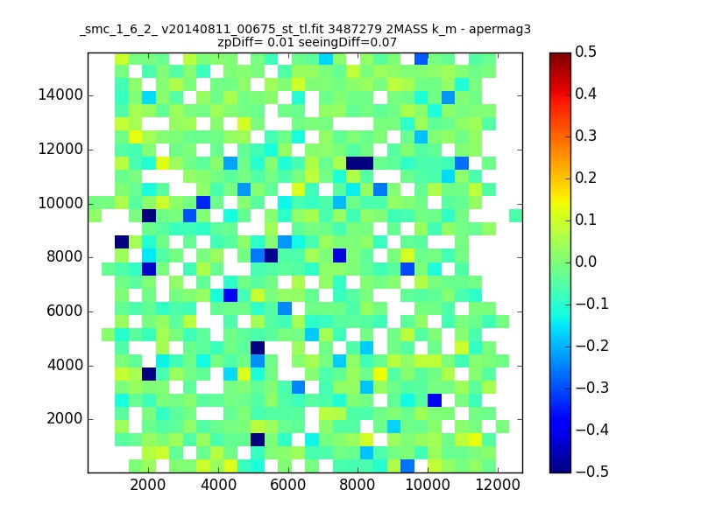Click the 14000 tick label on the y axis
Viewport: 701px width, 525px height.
(60, 95)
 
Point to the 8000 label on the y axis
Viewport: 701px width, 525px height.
(64, 256)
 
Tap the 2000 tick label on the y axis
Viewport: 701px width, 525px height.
(64, 419)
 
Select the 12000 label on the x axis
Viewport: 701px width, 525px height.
(498, 485)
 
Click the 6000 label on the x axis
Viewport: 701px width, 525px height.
(288, 485)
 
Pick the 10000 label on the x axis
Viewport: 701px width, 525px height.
(428, 485)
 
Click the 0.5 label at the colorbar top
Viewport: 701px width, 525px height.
(585, 52)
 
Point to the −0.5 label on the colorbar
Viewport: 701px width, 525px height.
(592, 472)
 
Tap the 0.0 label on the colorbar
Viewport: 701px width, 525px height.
(585, 262)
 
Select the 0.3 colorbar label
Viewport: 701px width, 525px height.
(585, 136)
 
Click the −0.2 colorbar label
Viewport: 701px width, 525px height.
(592, 346)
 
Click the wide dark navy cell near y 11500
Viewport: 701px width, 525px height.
(359, 164)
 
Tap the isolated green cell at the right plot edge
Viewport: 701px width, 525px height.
(515, 215)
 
